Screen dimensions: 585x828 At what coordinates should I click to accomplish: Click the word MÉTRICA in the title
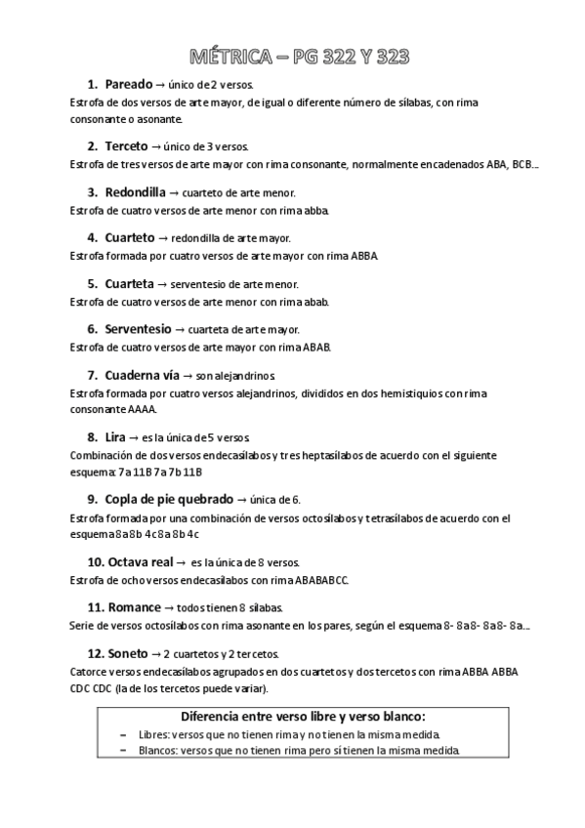(x=224, y=58)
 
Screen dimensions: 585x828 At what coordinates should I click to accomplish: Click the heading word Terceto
(x=126, y=146)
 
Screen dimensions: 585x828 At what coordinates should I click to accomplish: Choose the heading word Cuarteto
(x=129, y=237)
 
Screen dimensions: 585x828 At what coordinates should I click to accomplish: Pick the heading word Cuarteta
(x=129, y=283)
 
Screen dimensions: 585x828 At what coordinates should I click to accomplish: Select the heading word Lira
(x=115, y=436)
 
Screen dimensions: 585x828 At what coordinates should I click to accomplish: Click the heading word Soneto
(x=128, y=653)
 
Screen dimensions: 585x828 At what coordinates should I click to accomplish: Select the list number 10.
(x=96, y=561)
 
